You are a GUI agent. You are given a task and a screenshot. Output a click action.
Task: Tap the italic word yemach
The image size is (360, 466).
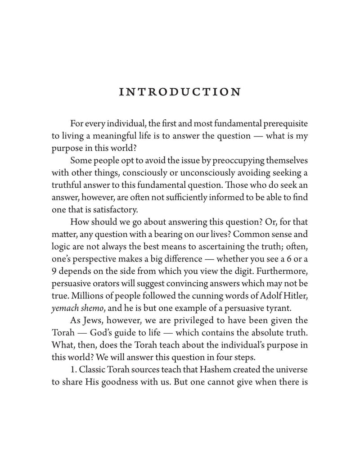coord(67,320)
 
